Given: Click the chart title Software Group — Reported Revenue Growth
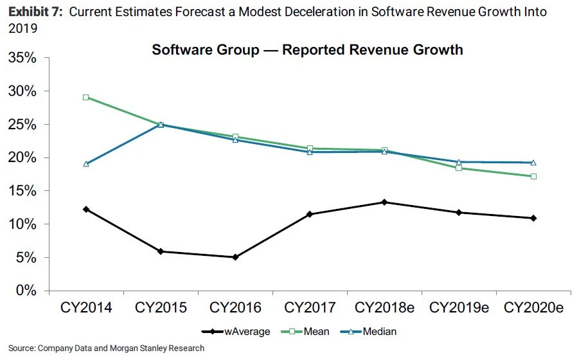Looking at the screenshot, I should pos(307,50).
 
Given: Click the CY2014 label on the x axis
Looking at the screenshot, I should pos(86,308).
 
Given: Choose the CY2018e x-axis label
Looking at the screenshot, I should pos(384,308).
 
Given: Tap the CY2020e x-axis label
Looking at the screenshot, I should pos(533,308).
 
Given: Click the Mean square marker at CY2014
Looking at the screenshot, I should pos(86,98).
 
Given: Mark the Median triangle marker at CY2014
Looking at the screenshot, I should pos(86,164).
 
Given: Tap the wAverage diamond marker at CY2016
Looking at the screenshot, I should pos(235,257).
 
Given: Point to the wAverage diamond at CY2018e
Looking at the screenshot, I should pos(384,203).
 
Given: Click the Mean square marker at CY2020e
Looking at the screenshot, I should pos(533,176).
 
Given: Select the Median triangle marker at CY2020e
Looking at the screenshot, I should pos(533,163).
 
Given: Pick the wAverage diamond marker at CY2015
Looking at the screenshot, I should pos(161,251).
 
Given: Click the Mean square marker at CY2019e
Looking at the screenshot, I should pos(459,168).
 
